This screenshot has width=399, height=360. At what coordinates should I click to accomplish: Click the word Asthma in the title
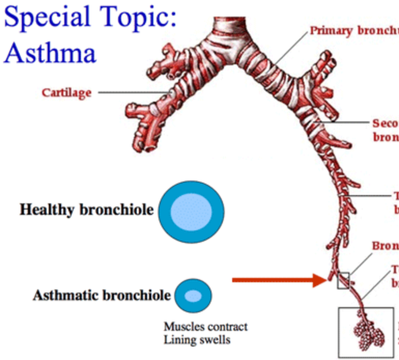[x=50, y=52]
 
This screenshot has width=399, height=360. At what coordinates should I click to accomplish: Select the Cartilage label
[x=66, y=93]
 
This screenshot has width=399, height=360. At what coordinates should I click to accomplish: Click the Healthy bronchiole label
[x=87, y=210]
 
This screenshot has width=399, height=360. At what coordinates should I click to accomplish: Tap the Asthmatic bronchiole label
[x=102, y=296]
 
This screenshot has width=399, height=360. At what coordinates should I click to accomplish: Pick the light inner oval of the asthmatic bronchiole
[x=193, y=296]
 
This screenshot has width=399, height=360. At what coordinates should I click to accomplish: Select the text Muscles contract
[x=205, y=327]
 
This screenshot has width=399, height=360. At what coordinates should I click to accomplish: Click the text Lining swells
[x=197, y=340]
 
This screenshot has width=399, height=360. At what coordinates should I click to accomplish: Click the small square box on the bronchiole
[x=344, y=280]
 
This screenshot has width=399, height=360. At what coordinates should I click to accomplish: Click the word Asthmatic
[x=65, y=296]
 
